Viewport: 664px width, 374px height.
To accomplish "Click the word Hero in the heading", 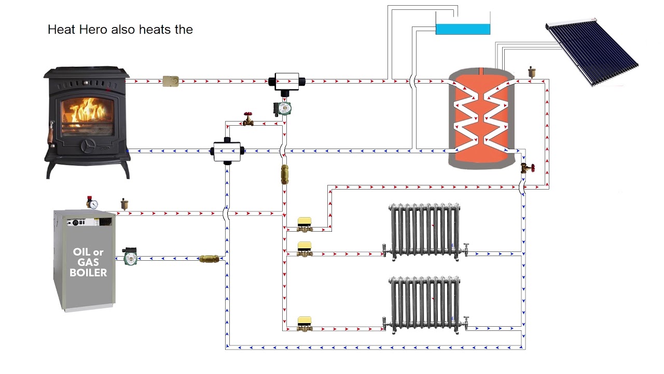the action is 93,30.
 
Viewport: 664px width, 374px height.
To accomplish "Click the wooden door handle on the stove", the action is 51,135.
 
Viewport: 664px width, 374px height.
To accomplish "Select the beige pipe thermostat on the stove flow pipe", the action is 171,82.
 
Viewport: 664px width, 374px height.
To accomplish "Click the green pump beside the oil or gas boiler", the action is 130,257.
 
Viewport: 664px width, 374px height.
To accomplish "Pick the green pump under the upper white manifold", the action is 282,109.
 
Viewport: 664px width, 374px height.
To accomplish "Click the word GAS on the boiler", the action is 88,262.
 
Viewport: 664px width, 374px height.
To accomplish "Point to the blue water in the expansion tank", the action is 463,29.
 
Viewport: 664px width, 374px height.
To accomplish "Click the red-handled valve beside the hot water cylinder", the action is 528,168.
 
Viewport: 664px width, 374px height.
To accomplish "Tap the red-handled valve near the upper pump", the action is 248,119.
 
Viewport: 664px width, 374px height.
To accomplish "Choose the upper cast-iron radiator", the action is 425,232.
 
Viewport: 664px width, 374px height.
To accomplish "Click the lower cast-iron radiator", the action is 425,305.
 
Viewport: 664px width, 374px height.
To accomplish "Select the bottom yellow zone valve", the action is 305,324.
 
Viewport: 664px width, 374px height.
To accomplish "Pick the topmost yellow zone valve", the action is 305,225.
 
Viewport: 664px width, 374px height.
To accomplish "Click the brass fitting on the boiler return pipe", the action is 209,259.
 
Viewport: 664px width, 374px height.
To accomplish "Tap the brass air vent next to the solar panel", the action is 531,72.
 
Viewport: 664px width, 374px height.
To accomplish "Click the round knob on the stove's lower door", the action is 88,146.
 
